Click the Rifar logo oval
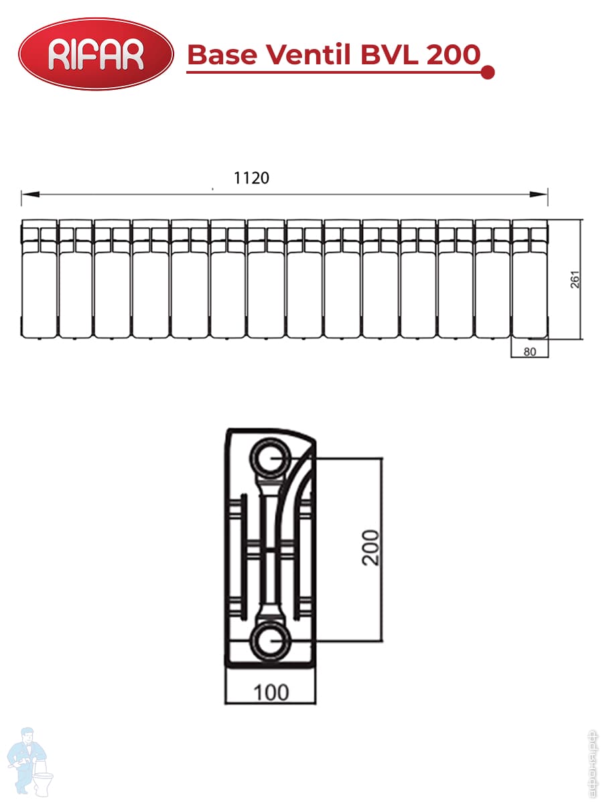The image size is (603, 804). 96,54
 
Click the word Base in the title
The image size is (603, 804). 222,54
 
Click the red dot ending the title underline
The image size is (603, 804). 487,72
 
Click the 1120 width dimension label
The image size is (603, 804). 251,178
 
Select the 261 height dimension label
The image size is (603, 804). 575,279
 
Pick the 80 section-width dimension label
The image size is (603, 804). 530,352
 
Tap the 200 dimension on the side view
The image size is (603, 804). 370,547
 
